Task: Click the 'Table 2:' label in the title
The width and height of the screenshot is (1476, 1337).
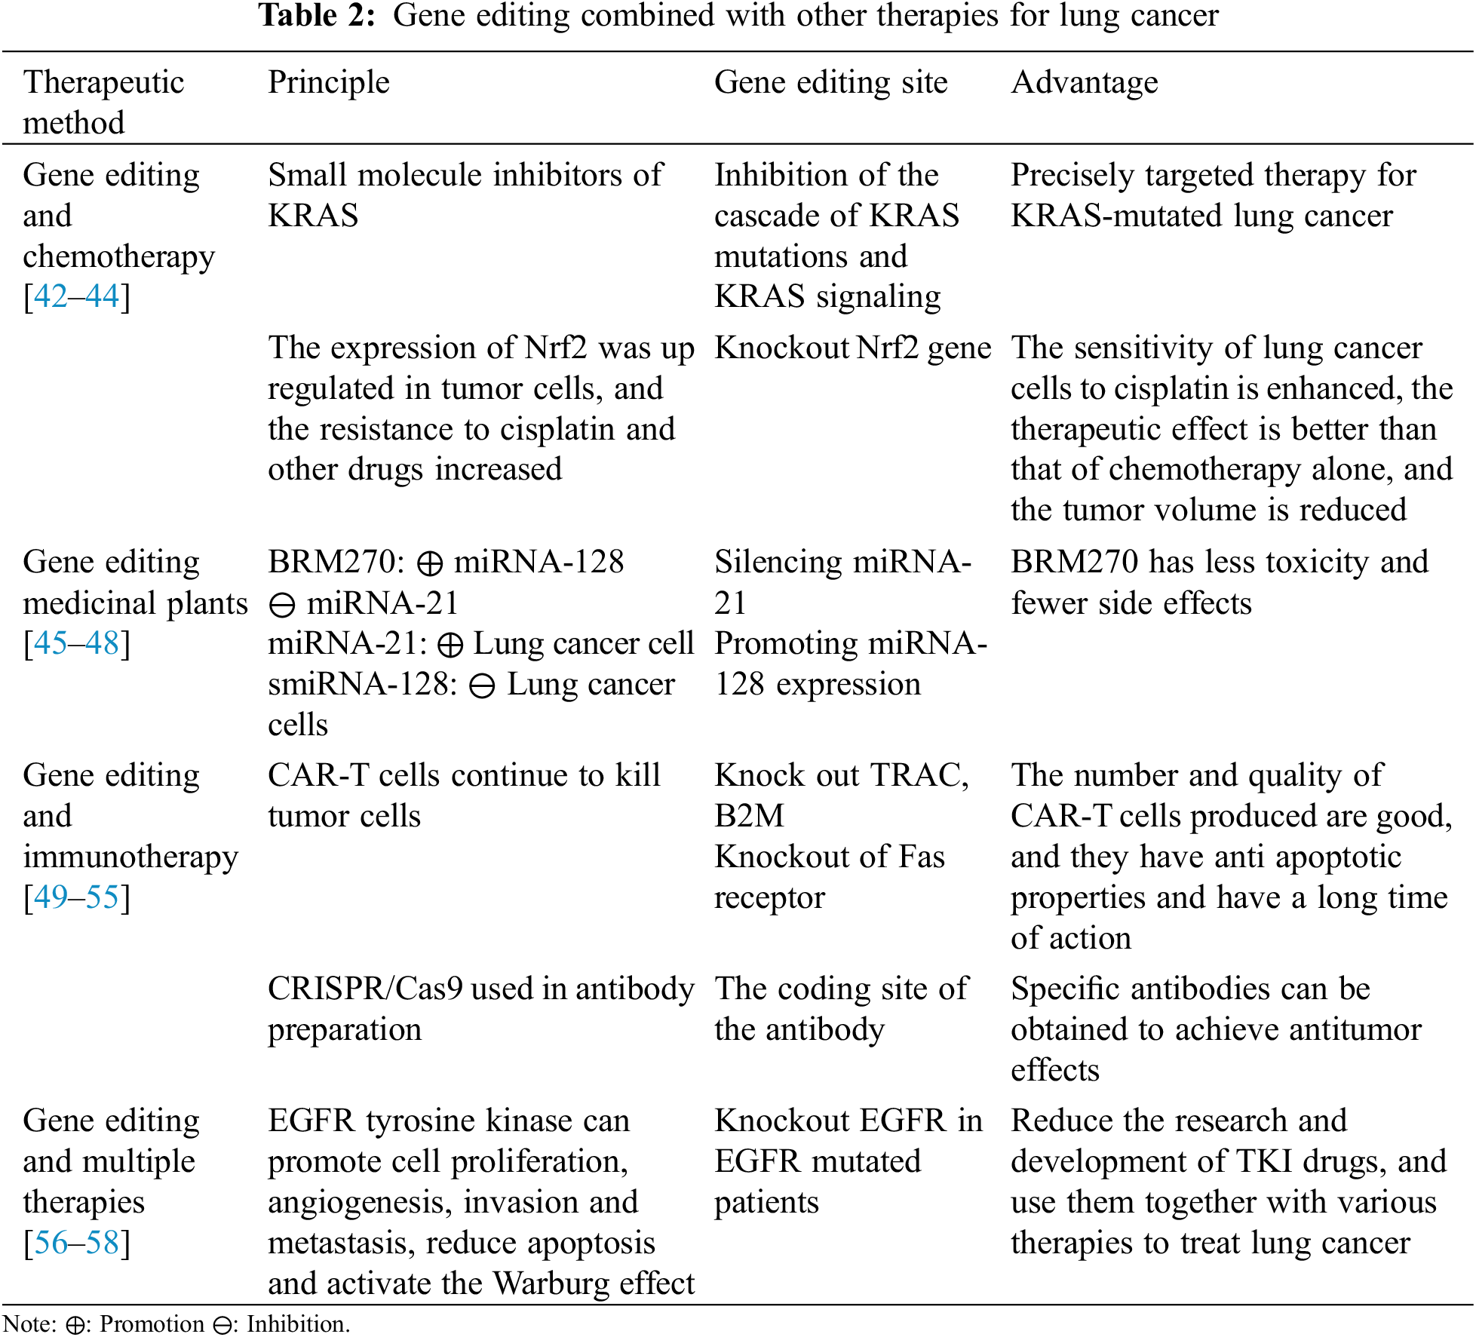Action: [317, 15]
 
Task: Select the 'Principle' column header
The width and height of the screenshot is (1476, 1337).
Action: [329, 82]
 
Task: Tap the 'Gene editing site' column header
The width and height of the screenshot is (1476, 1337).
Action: [830, 82]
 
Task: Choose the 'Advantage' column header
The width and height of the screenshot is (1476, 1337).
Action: [1084, 82]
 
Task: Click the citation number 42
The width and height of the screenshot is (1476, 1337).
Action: [51, 296]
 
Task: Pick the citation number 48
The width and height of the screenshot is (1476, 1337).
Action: [102, 643]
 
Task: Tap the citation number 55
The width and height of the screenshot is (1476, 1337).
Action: [102, 897]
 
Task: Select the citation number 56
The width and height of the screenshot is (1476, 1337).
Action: [51, 1243]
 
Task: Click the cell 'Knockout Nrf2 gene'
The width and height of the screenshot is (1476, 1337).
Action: [852, 348]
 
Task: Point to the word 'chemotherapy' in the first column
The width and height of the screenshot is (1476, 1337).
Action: [118, 257]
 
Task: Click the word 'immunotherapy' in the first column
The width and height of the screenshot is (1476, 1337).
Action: [130, 857]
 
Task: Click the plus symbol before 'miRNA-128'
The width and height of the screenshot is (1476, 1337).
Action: [430, 564]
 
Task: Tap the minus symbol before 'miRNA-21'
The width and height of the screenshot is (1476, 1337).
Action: [282, 605]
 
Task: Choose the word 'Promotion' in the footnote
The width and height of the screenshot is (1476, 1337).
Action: [152, 1324]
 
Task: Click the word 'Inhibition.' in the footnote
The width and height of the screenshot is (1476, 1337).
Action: [298, 1324]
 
